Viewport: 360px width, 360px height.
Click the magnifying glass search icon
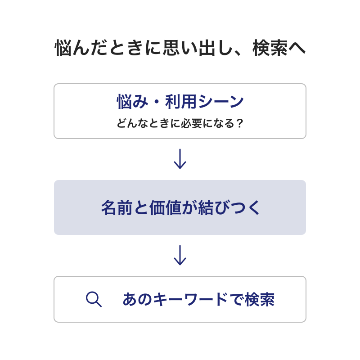pyautogui.click(x=94, y=299)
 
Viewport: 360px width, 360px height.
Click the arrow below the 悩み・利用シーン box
pyautogui.click(x=180, y=159)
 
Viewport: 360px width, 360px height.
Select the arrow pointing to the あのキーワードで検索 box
pyautogui.click(x=180, y=255)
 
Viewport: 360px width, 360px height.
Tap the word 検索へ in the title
pyautogui.click(x=279, y=48)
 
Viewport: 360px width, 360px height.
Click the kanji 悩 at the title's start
pyautogui.click(x=63, y=48)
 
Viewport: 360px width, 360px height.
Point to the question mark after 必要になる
pyautogui.click(x=239, y=123)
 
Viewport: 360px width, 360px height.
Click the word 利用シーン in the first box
pyautogui.click(x=204, y=102)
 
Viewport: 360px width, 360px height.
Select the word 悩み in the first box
pyautogui.click(x=132, y=102)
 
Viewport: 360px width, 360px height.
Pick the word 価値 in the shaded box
pyautogui.click(x=165, y=207)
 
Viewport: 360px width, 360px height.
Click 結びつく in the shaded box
pyautogui.click(x=229, y=207)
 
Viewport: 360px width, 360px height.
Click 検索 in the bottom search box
pyautogui.click(x=260, y=299)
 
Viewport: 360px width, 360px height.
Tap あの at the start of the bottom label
pyautogui.click(x=137, y=299)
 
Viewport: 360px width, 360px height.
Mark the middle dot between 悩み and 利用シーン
pyautogui.click(x=157, y=102)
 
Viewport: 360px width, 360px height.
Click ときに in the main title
pyautogui.click(x=136, y=48)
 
